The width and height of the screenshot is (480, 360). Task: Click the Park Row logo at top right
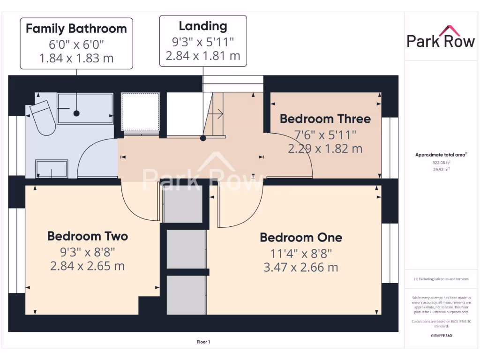[x=441, y=37]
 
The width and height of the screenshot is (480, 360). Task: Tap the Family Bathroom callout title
[x=76, y=29]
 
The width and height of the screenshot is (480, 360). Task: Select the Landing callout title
[x=202, y=26]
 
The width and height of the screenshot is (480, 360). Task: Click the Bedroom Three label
[x=325, y=119]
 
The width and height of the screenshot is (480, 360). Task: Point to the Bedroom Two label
[x=87, y=236]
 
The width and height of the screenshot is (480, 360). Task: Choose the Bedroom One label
[x=301, y=237]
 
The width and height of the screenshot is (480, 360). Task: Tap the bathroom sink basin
[x=52, y=169]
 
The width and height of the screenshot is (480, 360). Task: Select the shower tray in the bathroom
[x=85, y=108]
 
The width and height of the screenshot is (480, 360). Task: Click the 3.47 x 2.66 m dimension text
[x=300, y=268]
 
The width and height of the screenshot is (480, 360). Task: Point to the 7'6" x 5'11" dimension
[x=325, y=135]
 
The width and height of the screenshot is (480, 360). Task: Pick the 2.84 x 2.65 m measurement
[x=87, y=266]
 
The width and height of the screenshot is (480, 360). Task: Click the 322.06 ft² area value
[x=440, y=162]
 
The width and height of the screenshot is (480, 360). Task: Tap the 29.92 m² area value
[x=440, y=169]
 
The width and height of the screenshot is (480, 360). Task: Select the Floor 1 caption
[x=203, y=342]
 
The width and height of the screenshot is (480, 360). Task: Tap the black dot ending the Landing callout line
[x=203, y=138]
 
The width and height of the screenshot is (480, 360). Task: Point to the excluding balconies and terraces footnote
[x=441, y=279]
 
